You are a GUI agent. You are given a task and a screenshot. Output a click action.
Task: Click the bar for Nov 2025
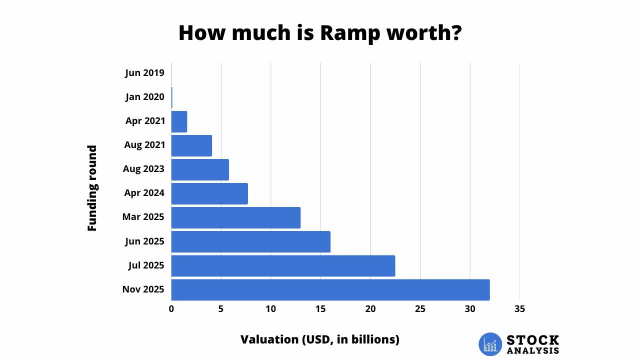point(330,289)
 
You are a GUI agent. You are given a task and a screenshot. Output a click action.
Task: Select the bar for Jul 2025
point(283,265)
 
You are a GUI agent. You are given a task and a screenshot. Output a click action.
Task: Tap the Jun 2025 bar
point(250,241)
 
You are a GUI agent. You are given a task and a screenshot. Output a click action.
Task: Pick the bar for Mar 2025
point(235,217)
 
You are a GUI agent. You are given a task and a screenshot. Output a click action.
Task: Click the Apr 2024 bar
point(209,193)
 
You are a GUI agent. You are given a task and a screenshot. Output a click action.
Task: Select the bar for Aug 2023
point(200,169)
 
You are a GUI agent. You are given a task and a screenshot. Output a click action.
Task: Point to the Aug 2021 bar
point(191,145)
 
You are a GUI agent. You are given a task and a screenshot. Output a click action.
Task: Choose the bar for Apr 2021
point(179,121)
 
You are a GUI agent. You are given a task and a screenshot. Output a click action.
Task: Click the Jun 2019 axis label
point(144,73)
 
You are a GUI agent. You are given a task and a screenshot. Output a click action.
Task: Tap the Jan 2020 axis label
point(144,97)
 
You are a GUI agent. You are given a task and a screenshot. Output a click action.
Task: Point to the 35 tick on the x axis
point(519,309)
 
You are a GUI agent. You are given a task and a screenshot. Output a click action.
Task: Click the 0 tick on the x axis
point(171,309)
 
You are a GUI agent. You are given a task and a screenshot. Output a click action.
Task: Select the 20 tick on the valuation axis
point(370,309)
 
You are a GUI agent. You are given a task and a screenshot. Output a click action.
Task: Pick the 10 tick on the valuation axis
point(270,309)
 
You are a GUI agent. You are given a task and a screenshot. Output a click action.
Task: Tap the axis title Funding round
point(92,188)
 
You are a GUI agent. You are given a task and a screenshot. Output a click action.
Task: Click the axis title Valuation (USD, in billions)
point(320,339)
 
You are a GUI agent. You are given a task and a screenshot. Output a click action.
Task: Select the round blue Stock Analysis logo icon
point(490,344)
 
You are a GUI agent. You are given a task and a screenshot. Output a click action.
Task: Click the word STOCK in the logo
point(533,340)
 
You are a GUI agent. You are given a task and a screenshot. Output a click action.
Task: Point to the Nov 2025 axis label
point(143,289)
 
